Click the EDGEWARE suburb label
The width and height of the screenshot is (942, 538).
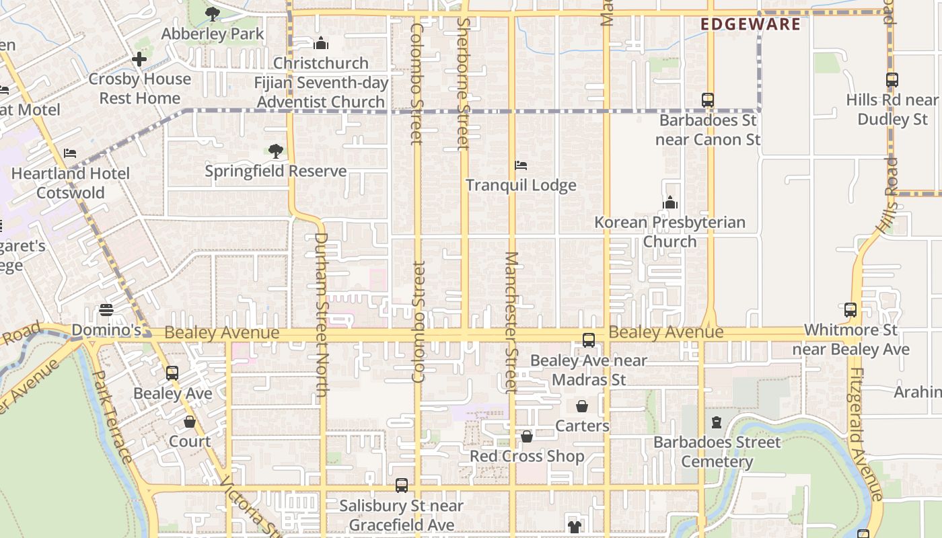(x=750, y=25)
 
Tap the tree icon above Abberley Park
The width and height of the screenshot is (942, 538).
(x=213, y=13)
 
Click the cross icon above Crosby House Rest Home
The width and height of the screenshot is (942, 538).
(x=139, y=59)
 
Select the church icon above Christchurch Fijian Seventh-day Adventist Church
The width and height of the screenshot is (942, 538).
(x=321, y=44)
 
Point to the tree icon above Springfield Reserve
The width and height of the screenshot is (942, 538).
(x=275, y=151)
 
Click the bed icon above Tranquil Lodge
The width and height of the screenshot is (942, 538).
(x=520, y=165)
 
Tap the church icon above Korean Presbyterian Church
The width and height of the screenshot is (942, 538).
(x=669, y=202)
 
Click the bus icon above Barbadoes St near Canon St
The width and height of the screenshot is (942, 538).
(x=707, y=100)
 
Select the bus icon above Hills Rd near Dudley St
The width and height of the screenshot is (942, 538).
(x=892, y=80)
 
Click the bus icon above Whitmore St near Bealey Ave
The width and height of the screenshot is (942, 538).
(x=850, y=310)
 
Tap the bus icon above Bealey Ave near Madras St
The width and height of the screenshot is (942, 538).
(x=589, y=340)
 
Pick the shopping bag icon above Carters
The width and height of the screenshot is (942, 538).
(x=582, y=406)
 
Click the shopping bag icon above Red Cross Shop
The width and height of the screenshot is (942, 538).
(x=527, y=436)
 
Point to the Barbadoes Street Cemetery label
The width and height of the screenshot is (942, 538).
(x=717, y=452)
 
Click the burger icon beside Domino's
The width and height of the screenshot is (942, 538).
(x=106, y=310)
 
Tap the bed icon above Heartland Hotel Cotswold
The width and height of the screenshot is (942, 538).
(x=70, y=153)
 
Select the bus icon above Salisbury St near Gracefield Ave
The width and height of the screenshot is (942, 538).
(x=402, y=486)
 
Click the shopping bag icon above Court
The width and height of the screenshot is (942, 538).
(x=190, y=422)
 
